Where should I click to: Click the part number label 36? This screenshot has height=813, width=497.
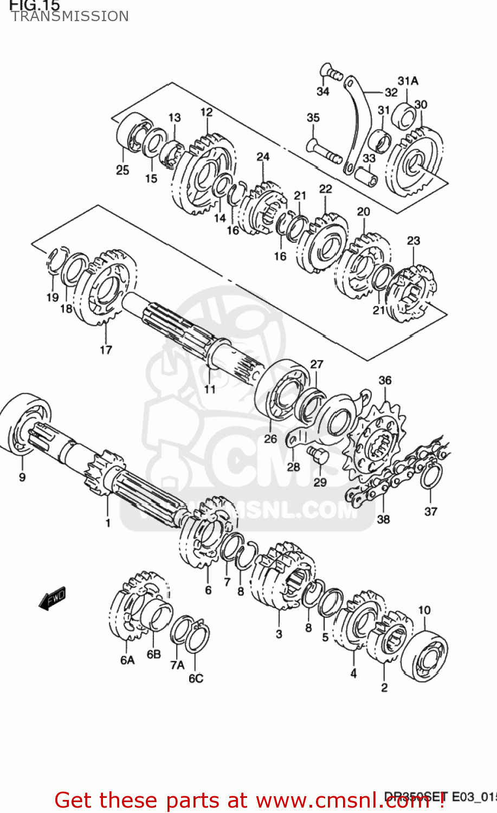pos(385,380)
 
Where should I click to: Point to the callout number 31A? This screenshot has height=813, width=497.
pos(408,81)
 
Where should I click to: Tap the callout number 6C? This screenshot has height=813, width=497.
pos(196,678)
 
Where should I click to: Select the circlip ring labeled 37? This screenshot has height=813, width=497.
pos(431,476)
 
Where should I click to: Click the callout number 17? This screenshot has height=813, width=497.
pos(106,350)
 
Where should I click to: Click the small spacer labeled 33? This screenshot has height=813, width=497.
pos(367,176)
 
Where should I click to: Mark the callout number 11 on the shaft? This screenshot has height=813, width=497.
pos(210,389)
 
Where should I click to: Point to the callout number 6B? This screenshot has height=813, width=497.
pos(154,654)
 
